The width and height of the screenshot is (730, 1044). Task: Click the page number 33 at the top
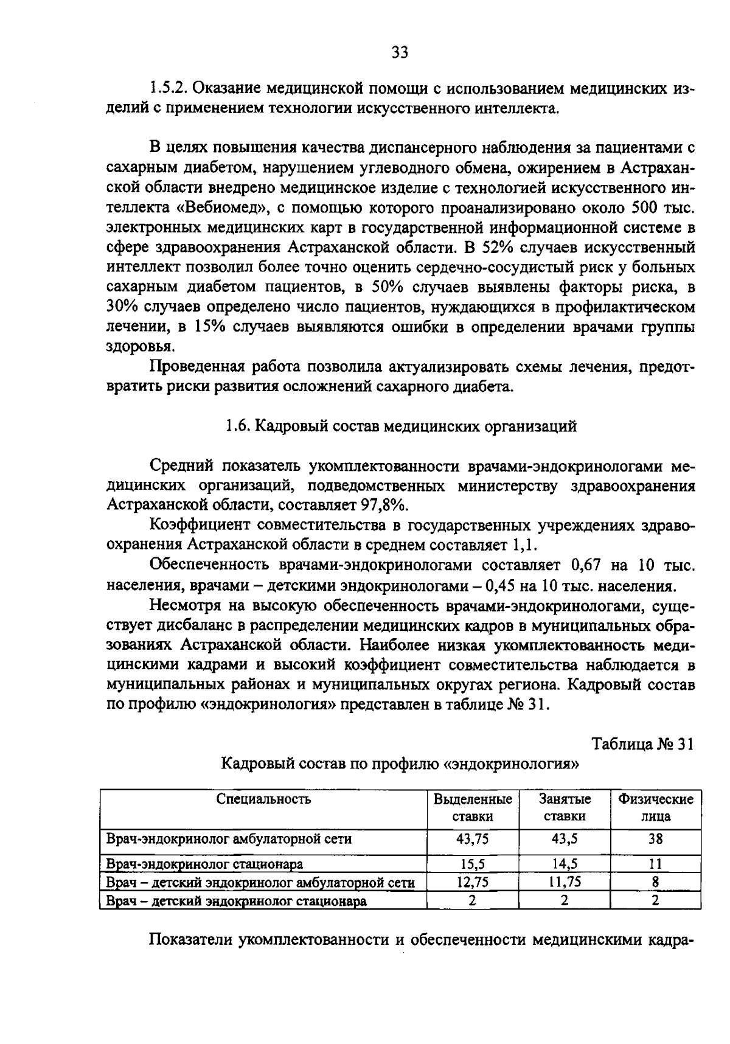pos(400,52)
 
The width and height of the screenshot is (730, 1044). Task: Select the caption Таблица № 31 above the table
pos(643,744)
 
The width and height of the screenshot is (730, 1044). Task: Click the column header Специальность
pos(263,799)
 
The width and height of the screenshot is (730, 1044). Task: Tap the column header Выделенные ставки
pos(472,807)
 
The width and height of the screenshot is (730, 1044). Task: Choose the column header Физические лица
pos(655,807)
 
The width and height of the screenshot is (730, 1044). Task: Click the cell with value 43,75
pos(472,839)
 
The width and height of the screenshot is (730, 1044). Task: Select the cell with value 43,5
pos(564,839)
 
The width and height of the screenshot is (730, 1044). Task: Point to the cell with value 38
pos(655,839)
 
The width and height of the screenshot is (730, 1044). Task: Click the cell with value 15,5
pos(472,863)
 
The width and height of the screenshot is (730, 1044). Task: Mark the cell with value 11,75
pos(564,882)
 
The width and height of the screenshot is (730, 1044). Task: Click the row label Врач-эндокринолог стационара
pos(205,863)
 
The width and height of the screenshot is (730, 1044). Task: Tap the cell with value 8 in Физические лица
pos(655,882)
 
